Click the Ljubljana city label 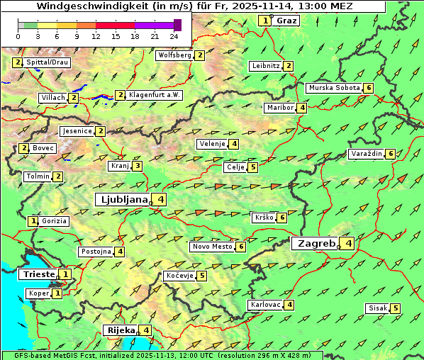point(122,199)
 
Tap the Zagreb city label point(316,243)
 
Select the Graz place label point(286,21)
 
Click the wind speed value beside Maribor point(302,108)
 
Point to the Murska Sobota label point(333,88)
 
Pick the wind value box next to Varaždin point(391,154)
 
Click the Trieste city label point(38,274)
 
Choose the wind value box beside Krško point(281,218)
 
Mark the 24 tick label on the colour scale point(174,35)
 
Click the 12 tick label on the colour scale point(96,35)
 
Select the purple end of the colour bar point(177,25)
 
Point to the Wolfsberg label point(174,55)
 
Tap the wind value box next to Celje point(253,167)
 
